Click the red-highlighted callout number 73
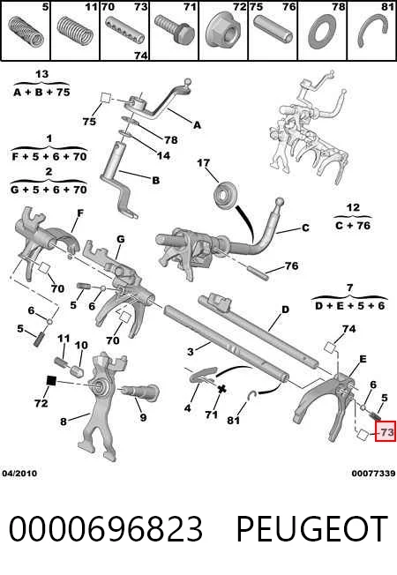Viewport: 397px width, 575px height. point(386,432)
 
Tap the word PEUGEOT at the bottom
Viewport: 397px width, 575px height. point(312,528)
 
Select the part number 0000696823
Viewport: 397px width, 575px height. point(106,528)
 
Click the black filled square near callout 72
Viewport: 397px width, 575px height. point(51,381)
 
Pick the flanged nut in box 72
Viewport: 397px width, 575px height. point(223,32)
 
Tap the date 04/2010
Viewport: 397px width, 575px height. point(19,473)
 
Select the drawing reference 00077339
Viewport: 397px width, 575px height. point(373,473)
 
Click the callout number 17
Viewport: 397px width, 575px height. point(204,162)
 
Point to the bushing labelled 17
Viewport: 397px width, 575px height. point(225,197)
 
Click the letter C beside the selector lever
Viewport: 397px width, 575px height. point(305,228)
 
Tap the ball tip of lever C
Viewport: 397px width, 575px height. point(280,202)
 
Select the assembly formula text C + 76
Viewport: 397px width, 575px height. point(353,226)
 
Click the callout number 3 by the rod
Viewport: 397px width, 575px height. point(190,352)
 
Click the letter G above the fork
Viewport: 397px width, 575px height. point(120,239)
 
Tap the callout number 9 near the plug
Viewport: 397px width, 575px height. point(143,417)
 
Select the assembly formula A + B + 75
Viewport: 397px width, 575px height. point(41,92)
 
